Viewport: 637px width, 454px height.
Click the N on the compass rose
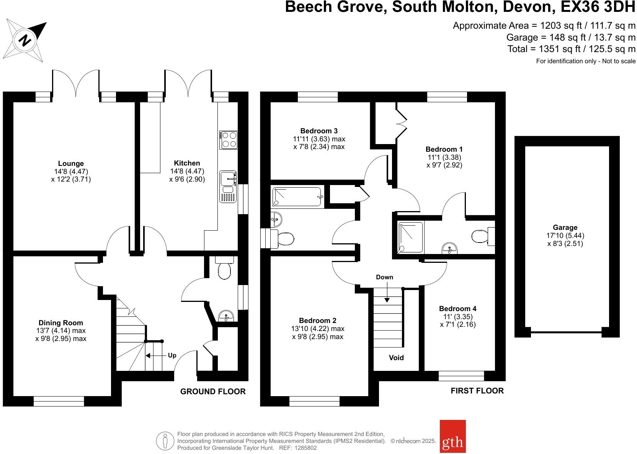coord(25,40)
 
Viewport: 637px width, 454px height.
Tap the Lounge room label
coord(71,163)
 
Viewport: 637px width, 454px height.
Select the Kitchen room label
coord(187,163)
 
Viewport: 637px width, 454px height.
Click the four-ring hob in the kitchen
coord(229,140)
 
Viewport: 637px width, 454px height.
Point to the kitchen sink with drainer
coord(228,187)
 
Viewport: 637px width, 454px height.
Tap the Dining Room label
coord(61,323)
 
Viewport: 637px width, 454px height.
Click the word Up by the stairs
coord(172,356)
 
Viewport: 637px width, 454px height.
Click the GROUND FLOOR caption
coord(213,392)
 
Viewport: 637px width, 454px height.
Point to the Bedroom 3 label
coord(319,131)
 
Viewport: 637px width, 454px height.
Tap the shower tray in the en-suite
coord(411,238)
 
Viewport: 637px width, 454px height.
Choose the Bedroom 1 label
coord(444,149)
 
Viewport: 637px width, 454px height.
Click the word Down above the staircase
coord(384,277)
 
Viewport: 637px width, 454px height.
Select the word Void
coord(396,357)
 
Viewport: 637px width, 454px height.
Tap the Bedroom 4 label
coord(458,308)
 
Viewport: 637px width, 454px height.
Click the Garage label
coord(565,228)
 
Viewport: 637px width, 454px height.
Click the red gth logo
coord(453,436)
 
